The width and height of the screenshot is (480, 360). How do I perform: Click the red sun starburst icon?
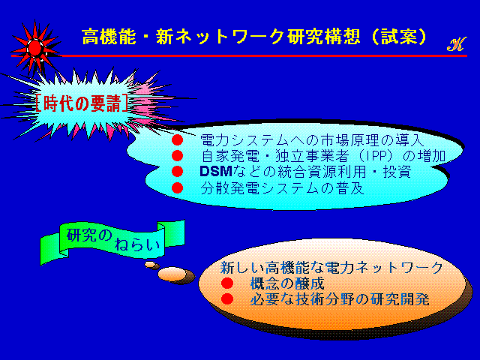[35, 47]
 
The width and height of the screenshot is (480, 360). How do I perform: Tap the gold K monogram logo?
[457, 44]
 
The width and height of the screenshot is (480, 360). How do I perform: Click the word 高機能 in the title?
[108, 37]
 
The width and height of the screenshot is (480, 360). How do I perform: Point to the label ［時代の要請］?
[82, 103]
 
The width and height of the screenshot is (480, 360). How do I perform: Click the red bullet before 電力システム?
[177, 140]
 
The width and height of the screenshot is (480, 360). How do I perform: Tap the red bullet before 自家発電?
[177, 156]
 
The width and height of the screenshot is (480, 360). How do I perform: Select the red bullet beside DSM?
[177, 172]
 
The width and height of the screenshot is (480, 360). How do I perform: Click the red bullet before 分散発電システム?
[177, 187]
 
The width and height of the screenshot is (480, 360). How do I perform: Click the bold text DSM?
[216, 172]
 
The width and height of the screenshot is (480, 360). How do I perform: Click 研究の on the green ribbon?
[89, 235]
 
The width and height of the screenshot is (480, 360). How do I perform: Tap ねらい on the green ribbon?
[137, 245]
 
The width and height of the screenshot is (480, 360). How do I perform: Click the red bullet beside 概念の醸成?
[227, 283]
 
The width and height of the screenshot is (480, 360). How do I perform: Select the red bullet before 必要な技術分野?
[227, 298]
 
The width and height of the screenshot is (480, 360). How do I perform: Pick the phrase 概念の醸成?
[287, 283]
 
